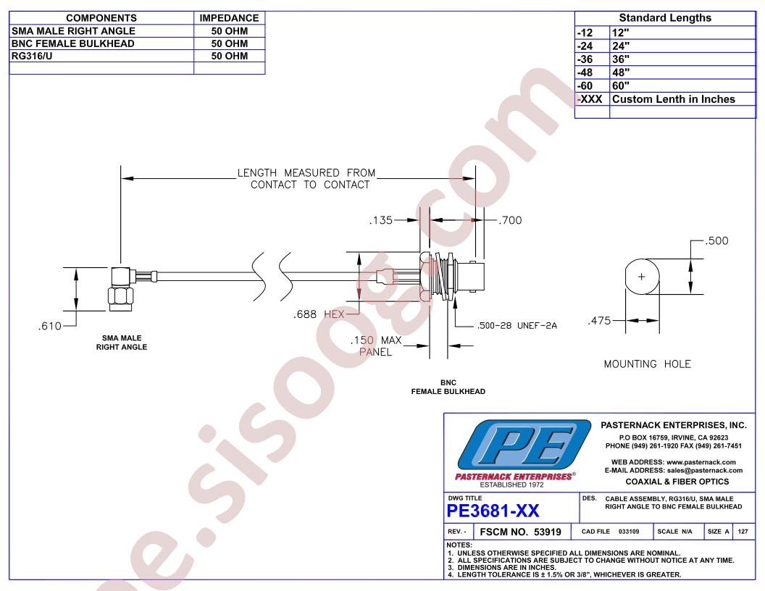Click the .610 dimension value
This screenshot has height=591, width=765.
click(50, 326)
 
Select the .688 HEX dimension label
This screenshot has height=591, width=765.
click(319, 314)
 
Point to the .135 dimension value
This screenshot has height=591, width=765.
click(381, 220)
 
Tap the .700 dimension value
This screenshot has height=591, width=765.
click(510, 220)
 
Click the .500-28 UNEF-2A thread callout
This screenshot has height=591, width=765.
click(517, 326)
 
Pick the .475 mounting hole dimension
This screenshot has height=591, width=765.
click(600, 321)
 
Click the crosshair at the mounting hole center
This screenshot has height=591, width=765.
click(642, 277)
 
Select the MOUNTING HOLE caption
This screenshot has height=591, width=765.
click(648, 364)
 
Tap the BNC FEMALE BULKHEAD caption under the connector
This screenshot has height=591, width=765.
click(448, 387)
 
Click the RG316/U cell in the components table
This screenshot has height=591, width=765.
click(32, 56)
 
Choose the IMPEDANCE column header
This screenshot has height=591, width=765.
click(230, 18)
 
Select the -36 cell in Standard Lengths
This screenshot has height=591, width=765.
click(585, 59)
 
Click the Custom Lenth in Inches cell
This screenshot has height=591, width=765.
click(674, 99)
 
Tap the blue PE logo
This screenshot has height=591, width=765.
click(524, 445)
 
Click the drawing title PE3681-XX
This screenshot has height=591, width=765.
click(493, 511)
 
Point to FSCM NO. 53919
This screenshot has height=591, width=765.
click(521, 532)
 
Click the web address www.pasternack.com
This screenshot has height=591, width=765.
click(701, 462)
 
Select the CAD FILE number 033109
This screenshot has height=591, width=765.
click(629, 532)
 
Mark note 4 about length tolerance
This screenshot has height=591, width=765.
click(564, 575)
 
